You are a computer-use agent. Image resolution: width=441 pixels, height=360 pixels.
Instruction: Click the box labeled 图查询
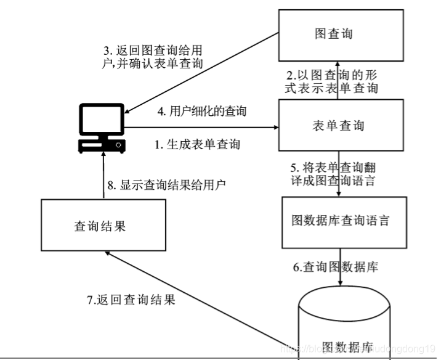[x=333, y=35]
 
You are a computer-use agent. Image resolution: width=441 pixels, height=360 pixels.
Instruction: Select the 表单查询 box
[x=333, y=126]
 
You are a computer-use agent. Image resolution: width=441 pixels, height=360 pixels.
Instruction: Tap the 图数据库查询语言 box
[x=340, y=220]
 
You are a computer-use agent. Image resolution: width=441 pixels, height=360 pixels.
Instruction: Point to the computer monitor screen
[x=102, y=121]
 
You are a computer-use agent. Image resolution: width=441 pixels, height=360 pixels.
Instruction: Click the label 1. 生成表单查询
[x=197, y=145]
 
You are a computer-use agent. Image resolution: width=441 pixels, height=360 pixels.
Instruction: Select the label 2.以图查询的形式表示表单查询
[x=331, y=81]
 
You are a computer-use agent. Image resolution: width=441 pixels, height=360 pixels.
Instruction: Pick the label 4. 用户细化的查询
[x=202, y=112]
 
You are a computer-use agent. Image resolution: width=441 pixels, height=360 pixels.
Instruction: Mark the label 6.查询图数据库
[x=336, y=267]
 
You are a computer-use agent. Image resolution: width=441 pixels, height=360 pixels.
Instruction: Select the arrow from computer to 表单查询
[x=203, y=128]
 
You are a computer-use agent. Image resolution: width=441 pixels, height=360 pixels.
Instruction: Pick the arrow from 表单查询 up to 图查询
[x=338, y=80]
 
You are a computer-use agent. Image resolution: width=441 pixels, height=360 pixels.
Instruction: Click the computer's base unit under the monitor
[x=102, y=146]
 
